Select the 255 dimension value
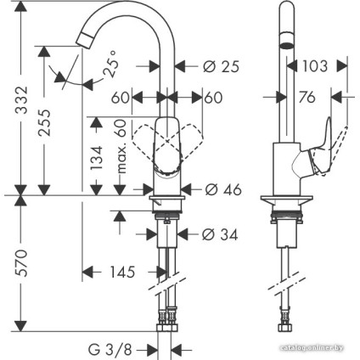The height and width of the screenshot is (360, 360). click(52, 126)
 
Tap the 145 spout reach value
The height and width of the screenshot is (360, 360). click(121, 273)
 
